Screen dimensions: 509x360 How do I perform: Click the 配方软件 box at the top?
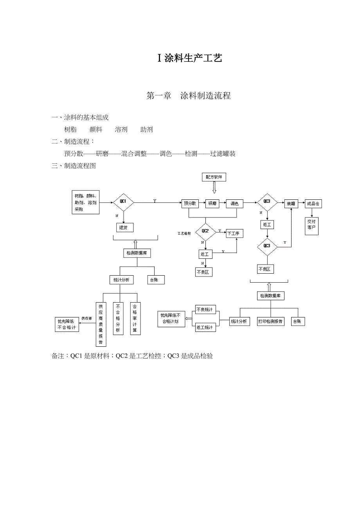pyautogui.click(x=214, y=177)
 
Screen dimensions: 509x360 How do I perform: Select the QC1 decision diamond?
pyautogui.click(x=123, y=202)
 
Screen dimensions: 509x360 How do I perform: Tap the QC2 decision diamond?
pyautogui.click(x=205, y=231)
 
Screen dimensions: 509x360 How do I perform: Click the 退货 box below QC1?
pyautogui.click(x=123, y=227)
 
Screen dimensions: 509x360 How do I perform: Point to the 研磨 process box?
pyautogui.click(x=212, y=203)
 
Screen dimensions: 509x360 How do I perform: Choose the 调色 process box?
pyautogui.click(x=234, y=203)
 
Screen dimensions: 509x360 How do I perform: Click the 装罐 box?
pyautogui.click(x=291, y=203)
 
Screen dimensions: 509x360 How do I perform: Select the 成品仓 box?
pyautogui.click(x=313, y=203)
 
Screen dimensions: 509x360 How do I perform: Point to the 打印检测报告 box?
pyautogui.click(x=270, y=321)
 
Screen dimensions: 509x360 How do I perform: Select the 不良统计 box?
pyautogui.click(x=205, y=310)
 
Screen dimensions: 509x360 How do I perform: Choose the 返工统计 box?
pyautogui.click(x=205, y=327)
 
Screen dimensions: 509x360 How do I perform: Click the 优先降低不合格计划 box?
pyautogui.click(x=171, y=319)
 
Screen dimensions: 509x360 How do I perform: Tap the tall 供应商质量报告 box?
pyautogui.click(x=101, y=324)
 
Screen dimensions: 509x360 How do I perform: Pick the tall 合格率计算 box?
pyautogui.click(x=135, y=319)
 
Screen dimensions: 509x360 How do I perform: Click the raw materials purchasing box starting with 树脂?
pyautogui.click(x=86, y=203)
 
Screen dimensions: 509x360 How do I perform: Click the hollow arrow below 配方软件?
pyautogui.click(x=214, y=188)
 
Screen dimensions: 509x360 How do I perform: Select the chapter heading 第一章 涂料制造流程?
pyautogui.click(x=188, y=96)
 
